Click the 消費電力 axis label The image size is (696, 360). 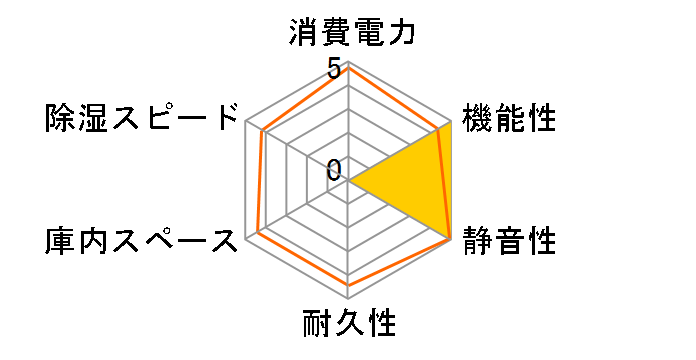(x=349, y=32)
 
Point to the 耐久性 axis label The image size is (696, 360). (x=349, y=324)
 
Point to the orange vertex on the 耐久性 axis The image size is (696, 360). (x=349, y=285)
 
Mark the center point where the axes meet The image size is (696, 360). (x=349, y=181)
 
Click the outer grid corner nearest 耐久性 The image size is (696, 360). (x=349, y=298)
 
